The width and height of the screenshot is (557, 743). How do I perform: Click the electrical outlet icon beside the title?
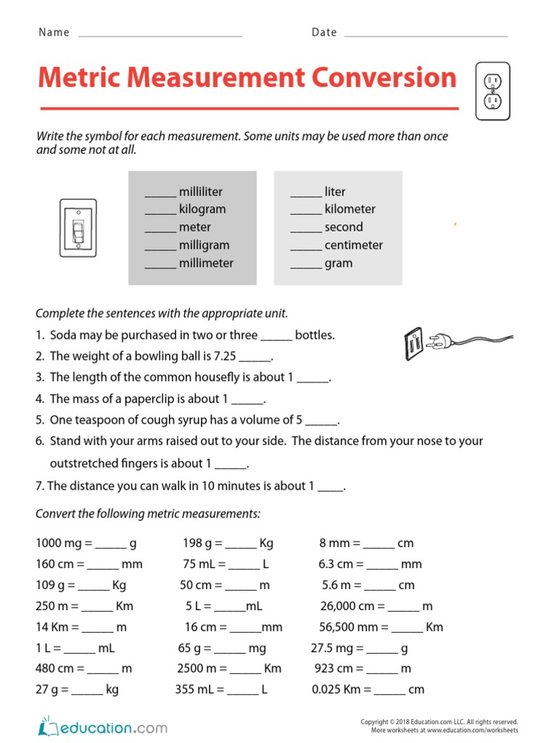493,90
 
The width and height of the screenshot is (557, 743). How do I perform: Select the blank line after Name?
160,33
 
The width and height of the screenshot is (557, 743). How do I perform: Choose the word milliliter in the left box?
201,192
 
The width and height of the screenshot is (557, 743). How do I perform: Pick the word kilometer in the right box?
350,209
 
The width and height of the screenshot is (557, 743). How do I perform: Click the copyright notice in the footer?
440,722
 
